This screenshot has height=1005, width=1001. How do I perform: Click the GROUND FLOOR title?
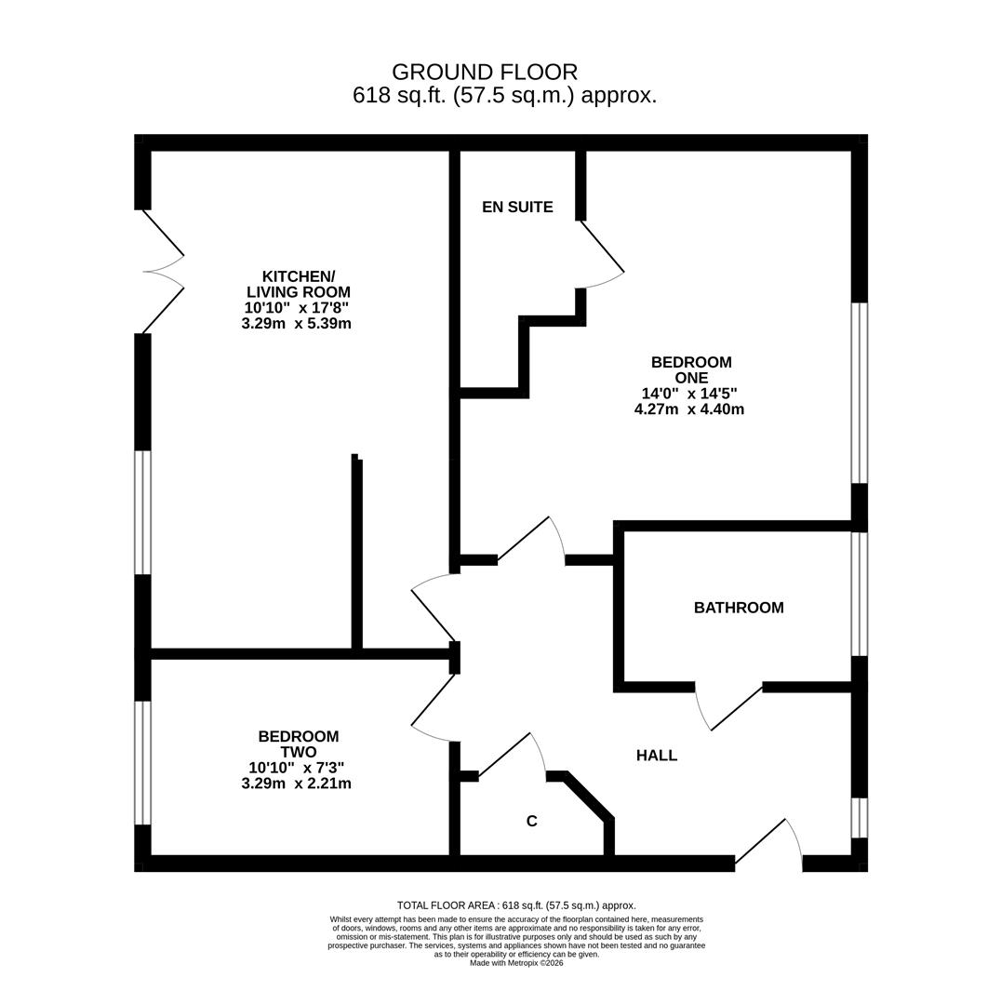[485, 72]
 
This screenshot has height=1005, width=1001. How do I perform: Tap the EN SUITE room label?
[517, 207]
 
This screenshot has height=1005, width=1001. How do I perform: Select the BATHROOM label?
[739, 608]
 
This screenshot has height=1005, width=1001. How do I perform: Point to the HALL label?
[657, 756]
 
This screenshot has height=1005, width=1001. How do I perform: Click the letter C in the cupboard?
[532, 821]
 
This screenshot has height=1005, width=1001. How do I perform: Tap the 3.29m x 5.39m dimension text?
[296, 324]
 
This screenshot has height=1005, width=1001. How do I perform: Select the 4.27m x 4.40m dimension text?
[689, 409]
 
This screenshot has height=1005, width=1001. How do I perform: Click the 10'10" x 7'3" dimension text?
[296, 768]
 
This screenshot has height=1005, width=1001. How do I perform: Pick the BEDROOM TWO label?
[299, 744]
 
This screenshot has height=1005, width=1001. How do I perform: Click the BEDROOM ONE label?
[691, 369]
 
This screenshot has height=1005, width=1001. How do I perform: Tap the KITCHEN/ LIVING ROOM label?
[298, 284]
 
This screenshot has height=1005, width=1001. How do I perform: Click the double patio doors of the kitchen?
[162, 272]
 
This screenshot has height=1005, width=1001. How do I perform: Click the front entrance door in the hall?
[767, 843]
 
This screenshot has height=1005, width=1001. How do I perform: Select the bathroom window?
[860, 594]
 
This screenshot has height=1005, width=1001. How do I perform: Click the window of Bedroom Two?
[142, 762]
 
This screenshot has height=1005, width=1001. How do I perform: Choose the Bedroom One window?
[860, 393]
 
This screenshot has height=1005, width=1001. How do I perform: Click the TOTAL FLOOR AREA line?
[516, 905]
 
